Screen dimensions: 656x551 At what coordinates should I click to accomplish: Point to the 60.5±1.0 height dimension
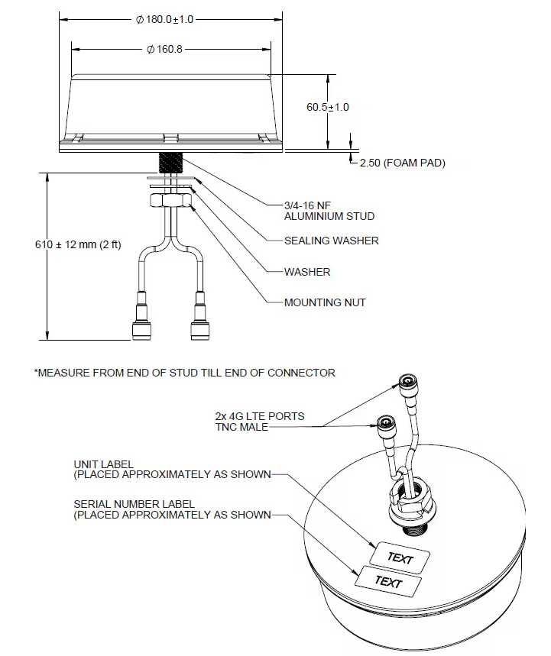coord(328,107)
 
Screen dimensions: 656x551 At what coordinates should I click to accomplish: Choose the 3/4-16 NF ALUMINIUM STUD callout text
coord(329,210)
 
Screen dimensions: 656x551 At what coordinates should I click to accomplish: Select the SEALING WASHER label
coord(331,241)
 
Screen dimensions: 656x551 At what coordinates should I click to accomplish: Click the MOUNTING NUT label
coord(324,302)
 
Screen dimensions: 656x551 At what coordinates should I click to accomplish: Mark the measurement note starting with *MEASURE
coord(184,373)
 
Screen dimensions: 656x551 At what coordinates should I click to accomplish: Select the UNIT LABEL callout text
coord(172,469)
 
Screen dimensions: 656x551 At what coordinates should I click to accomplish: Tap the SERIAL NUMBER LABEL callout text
coord(172,509)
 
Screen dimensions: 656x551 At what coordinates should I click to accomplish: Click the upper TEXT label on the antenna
coord(400,558)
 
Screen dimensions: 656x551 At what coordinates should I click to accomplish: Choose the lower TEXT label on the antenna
coord(388,582)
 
